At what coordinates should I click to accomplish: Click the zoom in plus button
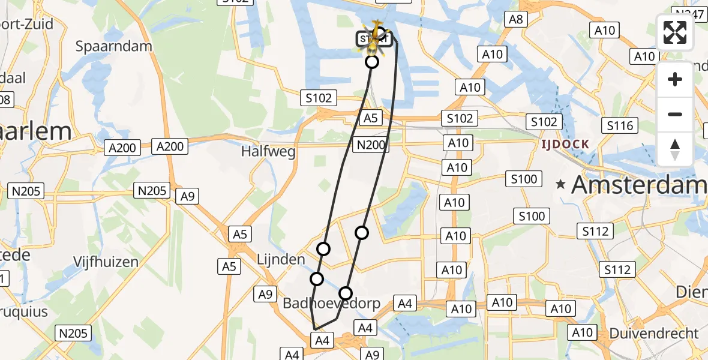pos(675,79)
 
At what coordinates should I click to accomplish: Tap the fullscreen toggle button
pos(675,33)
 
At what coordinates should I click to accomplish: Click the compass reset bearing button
pos(675,149)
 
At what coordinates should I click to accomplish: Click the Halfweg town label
pos(268,152)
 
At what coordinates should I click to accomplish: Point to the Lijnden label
pos(281,260)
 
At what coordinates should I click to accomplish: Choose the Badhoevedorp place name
pos(331,304)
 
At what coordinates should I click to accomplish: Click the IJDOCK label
pos(565,145)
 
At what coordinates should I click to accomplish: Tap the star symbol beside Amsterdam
pos(561,185)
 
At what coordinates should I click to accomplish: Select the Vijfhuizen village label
pos(106,262)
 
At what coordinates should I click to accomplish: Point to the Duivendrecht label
pos(654,333)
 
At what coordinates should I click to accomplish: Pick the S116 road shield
pos(620,125)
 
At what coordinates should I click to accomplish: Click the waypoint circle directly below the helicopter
pos(372,62)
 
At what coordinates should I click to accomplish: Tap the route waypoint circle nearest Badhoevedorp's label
pos(345,293)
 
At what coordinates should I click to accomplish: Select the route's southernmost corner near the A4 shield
pos(315,329)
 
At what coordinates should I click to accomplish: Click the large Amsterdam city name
pos(639,185)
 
